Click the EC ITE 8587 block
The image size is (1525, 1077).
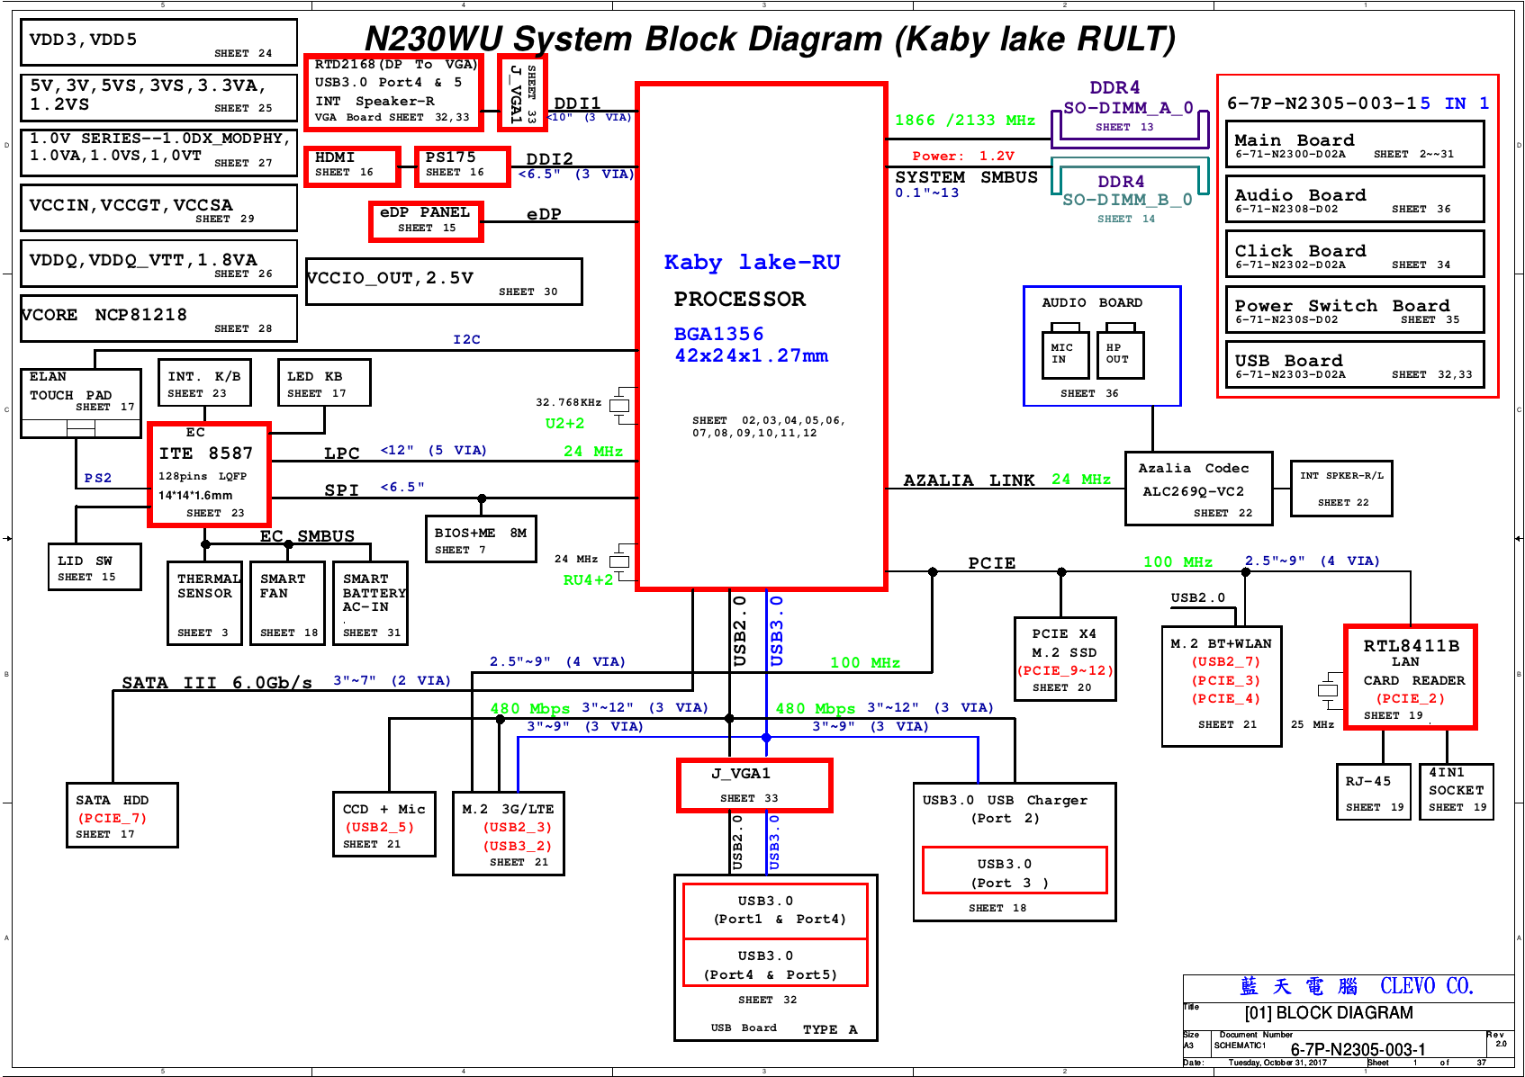pos(210,474)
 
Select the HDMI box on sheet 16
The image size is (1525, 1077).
pos(351,166)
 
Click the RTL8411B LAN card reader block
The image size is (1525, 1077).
pos(1411,678)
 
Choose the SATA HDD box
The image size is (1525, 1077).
pos(122,815)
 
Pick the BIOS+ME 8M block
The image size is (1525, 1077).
pos(481,539)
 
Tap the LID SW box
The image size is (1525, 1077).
pos(95,567)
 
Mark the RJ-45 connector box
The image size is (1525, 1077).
pos(1373,792)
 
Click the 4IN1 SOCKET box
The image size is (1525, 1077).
pos(1456,792)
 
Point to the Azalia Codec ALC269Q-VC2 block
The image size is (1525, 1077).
pos(1198,489)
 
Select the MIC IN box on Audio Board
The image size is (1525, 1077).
pos(1062,354)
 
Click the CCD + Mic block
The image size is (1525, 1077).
pos(384,824)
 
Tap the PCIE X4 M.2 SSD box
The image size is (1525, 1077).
pos(1064,659)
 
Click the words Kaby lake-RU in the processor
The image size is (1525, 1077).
pos(752,262)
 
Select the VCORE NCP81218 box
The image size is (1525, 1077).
pos(158,319)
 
